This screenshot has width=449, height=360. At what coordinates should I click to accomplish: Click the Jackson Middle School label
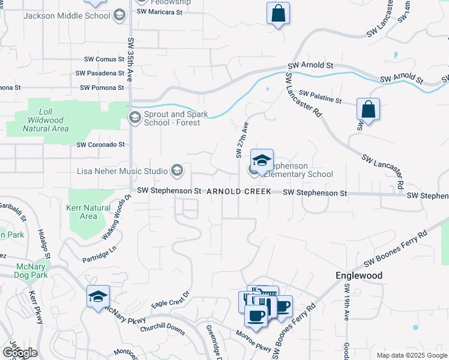(67, 16)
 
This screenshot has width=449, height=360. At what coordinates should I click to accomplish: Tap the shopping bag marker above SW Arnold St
(278, 14)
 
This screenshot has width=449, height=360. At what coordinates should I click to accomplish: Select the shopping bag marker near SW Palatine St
(368, 110)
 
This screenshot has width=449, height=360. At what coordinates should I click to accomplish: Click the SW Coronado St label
(100, 145)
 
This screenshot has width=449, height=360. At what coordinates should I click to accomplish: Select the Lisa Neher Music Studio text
(122, 171)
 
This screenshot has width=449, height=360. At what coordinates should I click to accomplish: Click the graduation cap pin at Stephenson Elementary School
(262, 161)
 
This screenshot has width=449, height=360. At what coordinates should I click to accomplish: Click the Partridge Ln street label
(100, 255)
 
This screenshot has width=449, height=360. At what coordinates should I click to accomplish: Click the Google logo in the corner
(19, 353)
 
